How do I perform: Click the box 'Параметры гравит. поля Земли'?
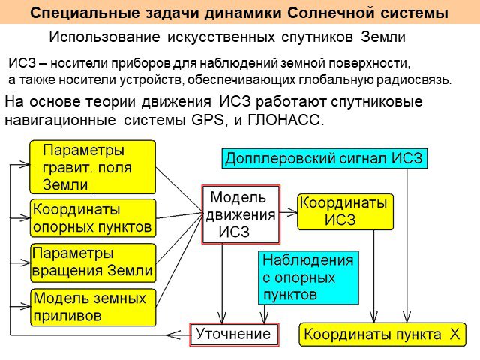coord(92,167)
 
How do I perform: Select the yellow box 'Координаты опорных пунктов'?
coord(93,218)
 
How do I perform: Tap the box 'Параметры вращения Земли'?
coord(93,262)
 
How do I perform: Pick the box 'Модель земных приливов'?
coord(93,307)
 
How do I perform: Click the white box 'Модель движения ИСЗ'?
coord(241,214)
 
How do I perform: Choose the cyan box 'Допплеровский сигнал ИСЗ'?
coord(324,158)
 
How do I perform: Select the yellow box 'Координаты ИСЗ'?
coord(345,211)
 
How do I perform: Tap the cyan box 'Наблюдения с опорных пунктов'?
coord(308,277)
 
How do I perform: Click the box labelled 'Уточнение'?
coord(234,334)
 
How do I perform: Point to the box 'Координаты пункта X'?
coord(382,334)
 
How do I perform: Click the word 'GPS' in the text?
coord(208,120)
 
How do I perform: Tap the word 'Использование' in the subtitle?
coord(104,37)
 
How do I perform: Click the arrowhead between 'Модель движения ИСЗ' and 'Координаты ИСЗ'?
coord(293,212)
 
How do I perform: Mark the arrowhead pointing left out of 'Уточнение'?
coord(173,335)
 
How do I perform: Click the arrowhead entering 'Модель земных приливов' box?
coord(25,306)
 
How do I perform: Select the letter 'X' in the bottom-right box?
coord(455,334)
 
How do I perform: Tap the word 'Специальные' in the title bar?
coord(85,13)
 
